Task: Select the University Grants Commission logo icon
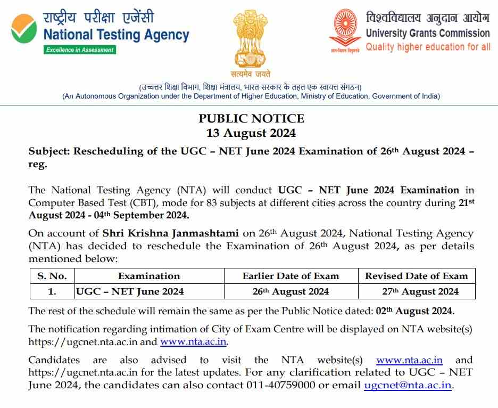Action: point(345,30)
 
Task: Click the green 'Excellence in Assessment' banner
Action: point(80,50)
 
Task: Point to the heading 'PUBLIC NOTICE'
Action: point(251,118)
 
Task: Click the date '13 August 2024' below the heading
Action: point(251,133)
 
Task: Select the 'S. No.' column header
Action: point(52,276)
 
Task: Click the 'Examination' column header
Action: point(149,276)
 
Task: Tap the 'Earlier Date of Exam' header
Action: point(290,276)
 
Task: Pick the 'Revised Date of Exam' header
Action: point(417,276)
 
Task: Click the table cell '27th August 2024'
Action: point(417,291)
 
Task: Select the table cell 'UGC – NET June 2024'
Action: point(130,291)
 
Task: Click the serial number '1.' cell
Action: point(52,291)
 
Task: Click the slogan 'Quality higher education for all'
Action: point(428,47)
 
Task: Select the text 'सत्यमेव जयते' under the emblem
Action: point(251,74)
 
